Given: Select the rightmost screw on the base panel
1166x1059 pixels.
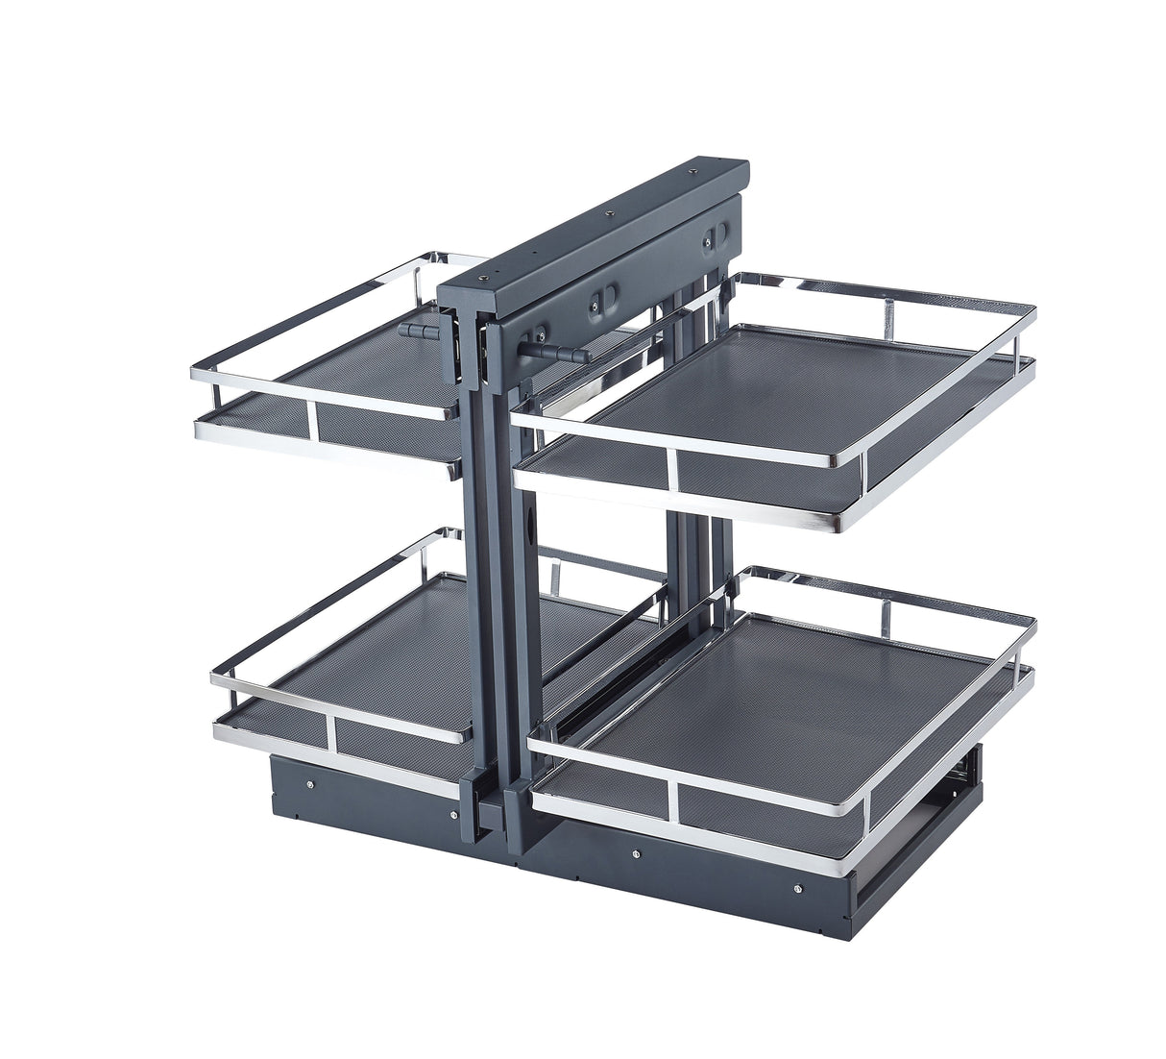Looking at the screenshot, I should [x=799, y=889].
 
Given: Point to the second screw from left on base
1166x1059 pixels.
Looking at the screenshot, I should [x=453, y=816].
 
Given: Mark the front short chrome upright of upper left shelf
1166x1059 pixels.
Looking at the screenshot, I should [x=311, y=420].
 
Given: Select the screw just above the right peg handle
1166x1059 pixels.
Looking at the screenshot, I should [x=539, y=335].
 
